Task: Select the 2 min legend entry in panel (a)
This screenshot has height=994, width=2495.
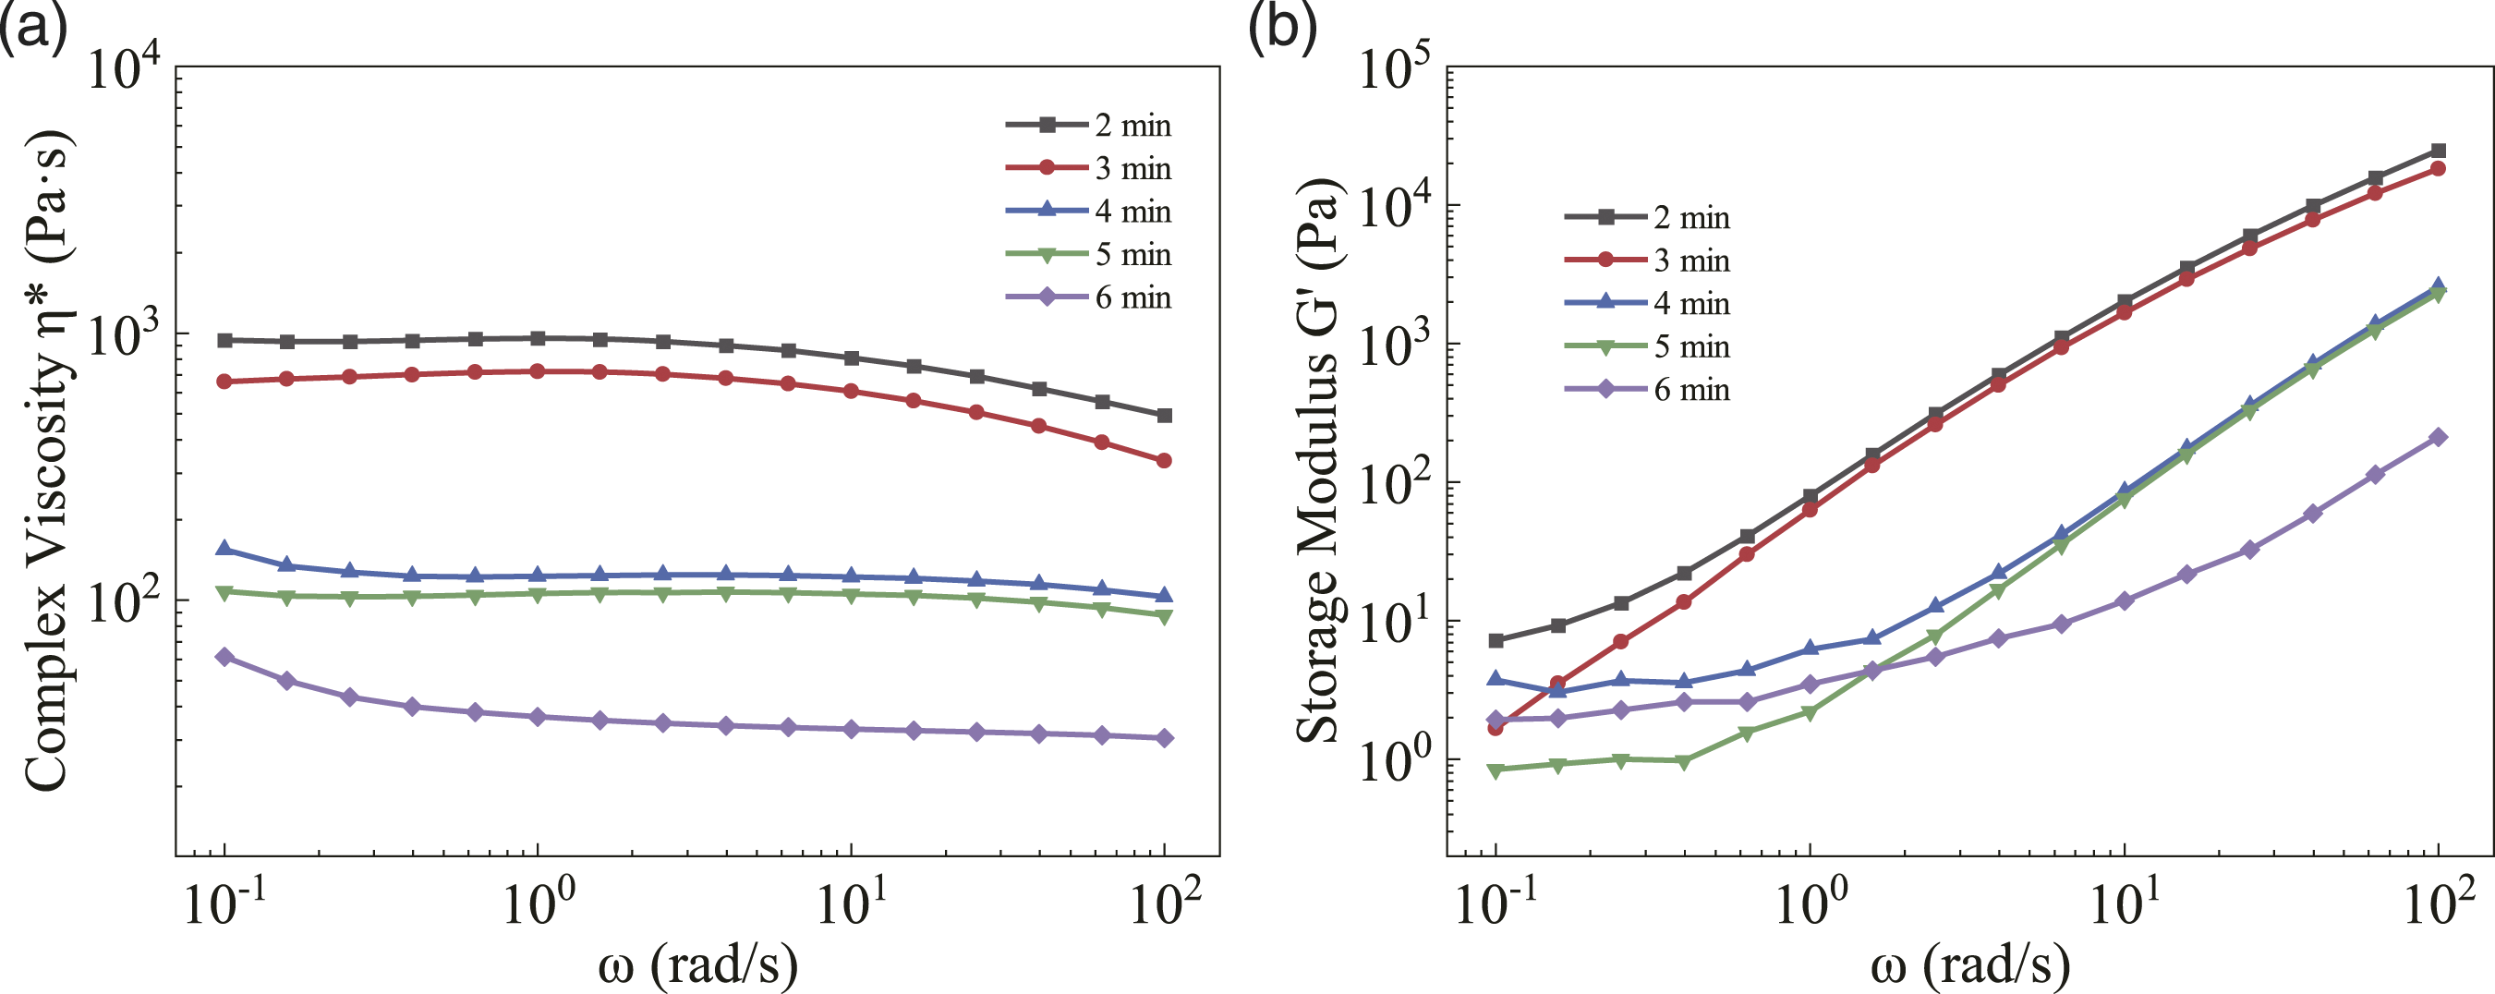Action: [x=1089, y=125]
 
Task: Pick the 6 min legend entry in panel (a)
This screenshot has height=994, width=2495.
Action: [x=1089, y=297]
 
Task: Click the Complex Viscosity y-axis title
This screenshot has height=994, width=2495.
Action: [x=46, y=461]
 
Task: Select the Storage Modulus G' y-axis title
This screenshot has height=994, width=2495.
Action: [x=1318, y=461]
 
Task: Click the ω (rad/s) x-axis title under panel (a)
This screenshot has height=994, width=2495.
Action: [x=697, y=964]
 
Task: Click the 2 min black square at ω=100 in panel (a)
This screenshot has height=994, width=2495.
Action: [x=1164, y=416]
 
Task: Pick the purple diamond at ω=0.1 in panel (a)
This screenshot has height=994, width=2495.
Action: [x=224, y=657]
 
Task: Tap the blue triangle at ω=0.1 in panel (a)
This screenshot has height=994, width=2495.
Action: [x=224, y=549]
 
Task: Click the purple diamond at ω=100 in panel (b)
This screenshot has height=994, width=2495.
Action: [x=2438, y=437]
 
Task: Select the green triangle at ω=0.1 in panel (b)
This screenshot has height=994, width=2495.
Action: [x=1496, y=771]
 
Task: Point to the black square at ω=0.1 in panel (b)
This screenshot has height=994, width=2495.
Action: [x=1496, y=640]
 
